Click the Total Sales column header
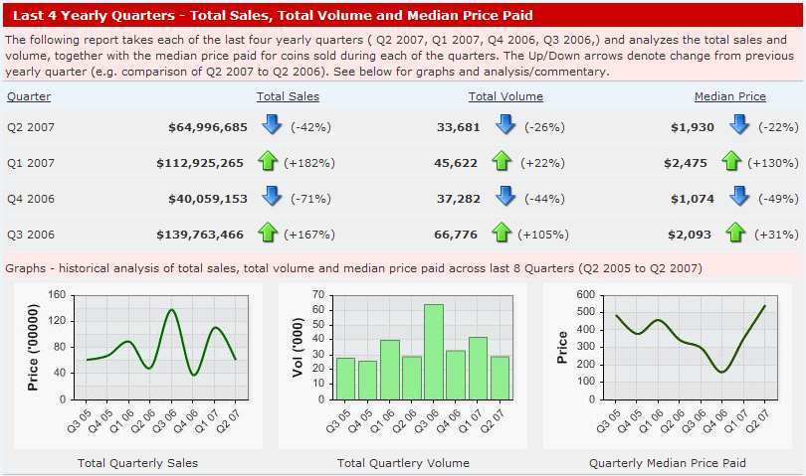[288, 96]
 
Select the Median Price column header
[729, 96]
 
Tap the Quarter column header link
[29, 96]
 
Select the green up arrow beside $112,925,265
[267, 162]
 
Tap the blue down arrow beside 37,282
[505, 197]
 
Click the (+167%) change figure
[309, 235]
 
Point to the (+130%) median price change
[779, 163]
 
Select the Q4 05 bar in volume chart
[367, 380]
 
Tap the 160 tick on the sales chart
[57, 295]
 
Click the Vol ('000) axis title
[295, 347]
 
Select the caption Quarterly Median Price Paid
[667, 463]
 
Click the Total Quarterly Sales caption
[137, 463]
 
